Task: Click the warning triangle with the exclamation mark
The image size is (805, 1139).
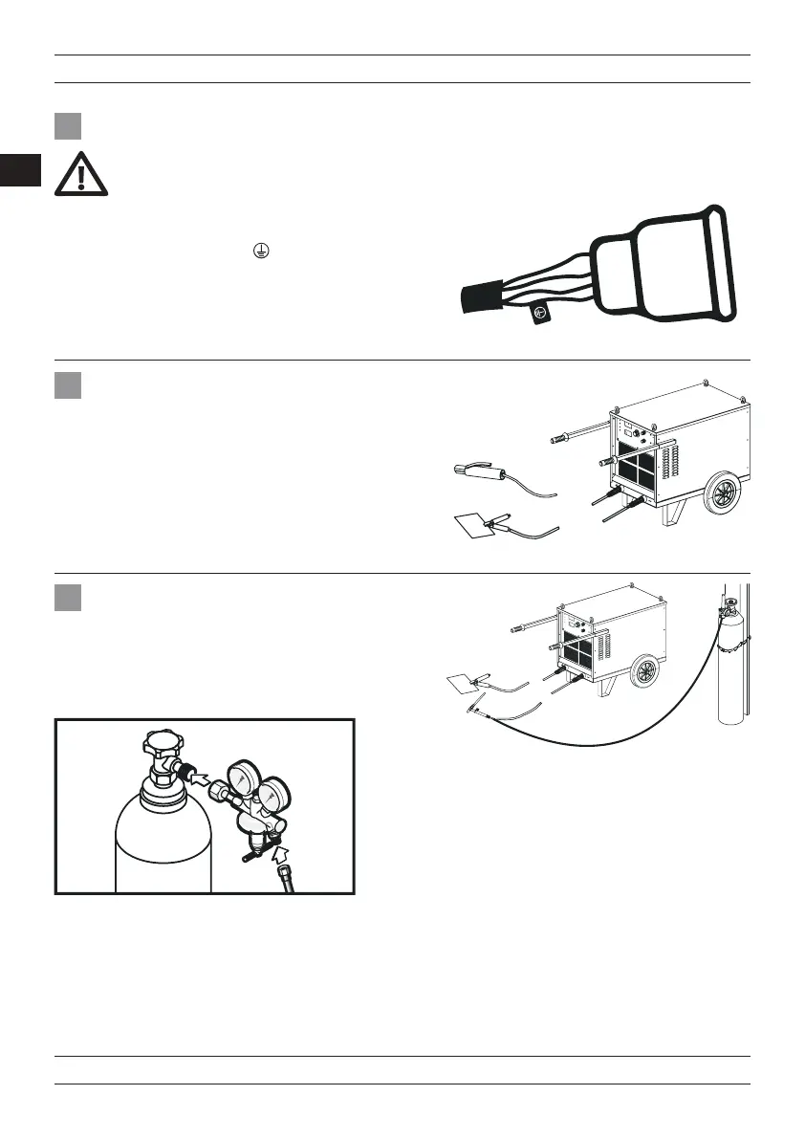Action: tap(81, 175)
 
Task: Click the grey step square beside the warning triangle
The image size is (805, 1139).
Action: tap(67, 126)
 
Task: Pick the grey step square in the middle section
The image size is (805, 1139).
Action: tap(67, 385)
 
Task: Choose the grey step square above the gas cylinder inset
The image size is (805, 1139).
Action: tap(67, 598)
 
